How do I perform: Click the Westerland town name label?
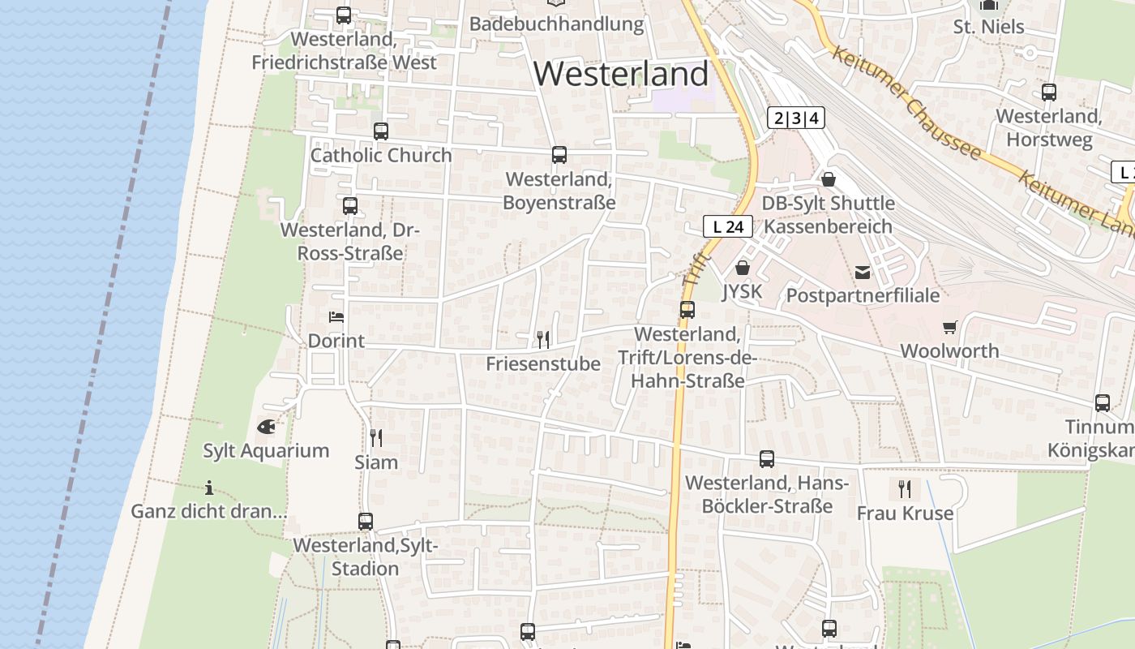pyautogui.click(x=621, y=74)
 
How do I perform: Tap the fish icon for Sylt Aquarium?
pyautogui.click(x=266, y=426)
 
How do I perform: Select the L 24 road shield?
pyautogui.click(x=728, y=227)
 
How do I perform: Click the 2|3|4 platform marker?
pyautogui.click(x=795, y=118)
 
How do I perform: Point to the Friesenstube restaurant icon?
pyautogui.click(x=543, y=339)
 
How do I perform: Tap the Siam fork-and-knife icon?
pyautogui.click(x=376, y=438)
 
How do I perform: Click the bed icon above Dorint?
pyautogui.click(x=336, y=317)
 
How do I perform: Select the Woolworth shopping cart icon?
pyautogui.click(x=949, y=327)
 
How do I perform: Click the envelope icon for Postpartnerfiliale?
pyautogui.click(x=863, y=273)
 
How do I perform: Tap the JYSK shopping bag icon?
pyautogui.click(x=742, y=268)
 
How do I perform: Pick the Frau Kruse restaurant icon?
pyautogui.click(x=905, y=489)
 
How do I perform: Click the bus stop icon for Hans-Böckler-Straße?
pyautogui.click(x=767, y=459)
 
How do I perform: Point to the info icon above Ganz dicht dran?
pyautogui.click(x=209, y=488)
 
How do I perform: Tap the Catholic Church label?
pyautogui.click(x=381, y=155)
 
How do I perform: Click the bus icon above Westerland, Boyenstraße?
pyautogui.click(x=559, y=155)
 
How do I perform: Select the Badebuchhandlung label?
pyautogui.click(x=556, y=24)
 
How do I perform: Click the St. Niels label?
pyautogui.click(x=988, y=27)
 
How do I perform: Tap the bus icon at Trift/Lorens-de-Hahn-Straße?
pyautogui.click(x=687, y=310)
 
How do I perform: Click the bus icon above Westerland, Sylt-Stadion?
pyautogui.click(x=366, y=522)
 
